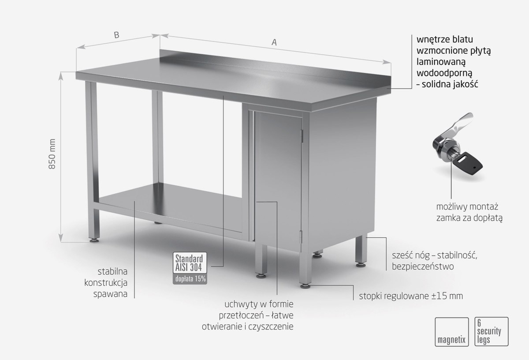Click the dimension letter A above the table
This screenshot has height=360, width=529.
(x=274, y=42)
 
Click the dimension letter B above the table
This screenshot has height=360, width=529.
(x=116, y=35)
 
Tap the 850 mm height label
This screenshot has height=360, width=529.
(x=52, y=154)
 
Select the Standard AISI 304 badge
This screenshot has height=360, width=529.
(x=190, y=263)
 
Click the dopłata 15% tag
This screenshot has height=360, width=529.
(x=190, y=279)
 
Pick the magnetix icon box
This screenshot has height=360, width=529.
(x=452, y=332)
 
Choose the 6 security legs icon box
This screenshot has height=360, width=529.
(x=492, y=331)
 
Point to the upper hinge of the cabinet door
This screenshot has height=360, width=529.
(x=302, y=136)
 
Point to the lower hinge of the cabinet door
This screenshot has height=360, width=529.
(x=301, y=237)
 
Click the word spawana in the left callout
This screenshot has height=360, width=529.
(x=110, y=294)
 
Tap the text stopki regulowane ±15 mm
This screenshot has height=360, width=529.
(x=411, y=296)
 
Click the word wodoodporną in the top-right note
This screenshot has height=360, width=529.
(x=444, y=73)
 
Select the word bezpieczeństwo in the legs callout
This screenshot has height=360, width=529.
(x=423, y=266)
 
